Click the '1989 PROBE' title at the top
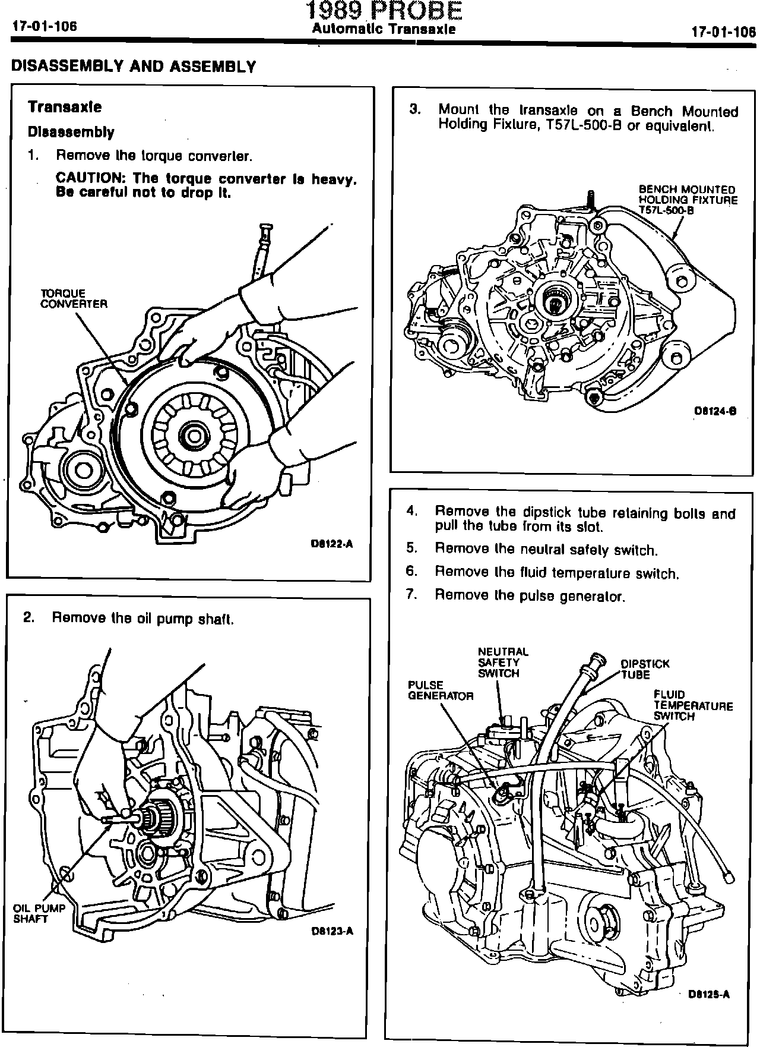pos(384,11)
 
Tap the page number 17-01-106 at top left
pos(44,27)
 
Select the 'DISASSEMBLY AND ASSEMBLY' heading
pos(134,66)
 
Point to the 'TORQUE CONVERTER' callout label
pos(74,298)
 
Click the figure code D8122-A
pos(332,543)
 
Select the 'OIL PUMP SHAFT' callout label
pos(39,913)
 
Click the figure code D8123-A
pos(332,931)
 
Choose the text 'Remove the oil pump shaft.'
pos(143,619)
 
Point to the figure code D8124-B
pos(715,411)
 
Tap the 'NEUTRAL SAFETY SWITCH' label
pos(502,662)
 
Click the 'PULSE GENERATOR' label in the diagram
pos(440,690)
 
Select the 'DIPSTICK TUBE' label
pos(645,668)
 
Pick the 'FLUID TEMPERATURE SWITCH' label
pos(693,705)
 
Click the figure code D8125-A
pos(709,994)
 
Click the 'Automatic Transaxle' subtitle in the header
pos(384,29)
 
